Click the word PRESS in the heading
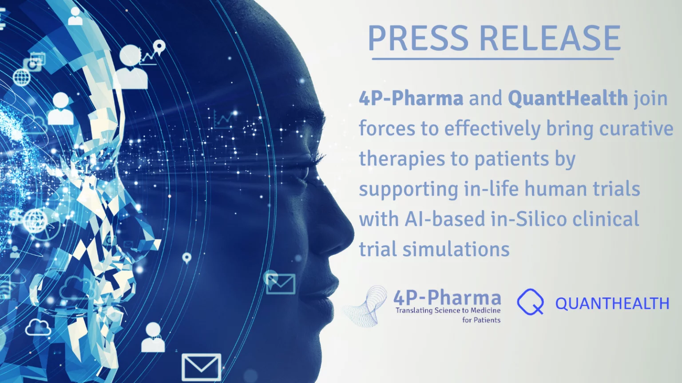coord(418,38)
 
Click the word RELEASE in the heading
coord(550,38)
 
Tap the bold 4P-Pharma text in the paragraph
coord(411,98)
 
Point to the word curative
coord(636,128)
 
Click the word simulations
coord(456,249)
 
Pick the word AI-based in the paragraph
coord(444,219)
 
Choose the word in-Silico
coord(529,219)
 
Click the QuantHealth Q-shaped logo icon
coord(531,301)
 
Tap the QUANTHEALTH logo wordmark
coord(612,303)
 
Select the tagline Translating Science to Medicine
coord(448,310)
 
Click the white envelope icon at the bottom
coord(201,367)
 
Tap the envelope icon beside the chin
coord(281,284)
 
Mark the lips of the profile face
coord(330,289)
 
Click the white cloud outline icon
coord(38,328)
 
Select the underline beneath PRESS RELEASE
coord(492,59)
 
